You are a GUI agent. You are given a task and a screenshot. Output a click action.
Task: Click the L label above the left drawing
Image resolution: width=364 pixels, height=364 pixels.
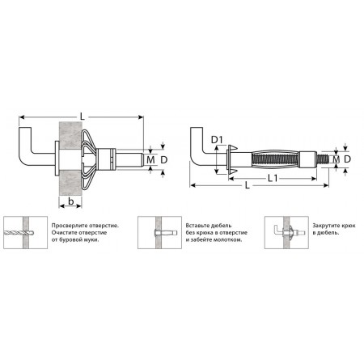(83, 116)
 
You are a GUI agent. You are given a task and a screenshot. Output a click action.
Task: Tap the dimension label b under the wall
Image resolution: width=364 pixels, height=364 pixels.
(70, 201)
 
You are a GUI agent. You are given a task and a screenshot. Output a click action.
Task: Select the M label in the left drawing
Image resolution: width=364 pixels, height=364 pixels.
(150, 160)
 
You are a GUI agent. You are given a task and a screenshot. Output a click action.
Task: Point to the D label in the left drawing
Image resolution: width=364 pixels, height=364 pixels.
(164, 160)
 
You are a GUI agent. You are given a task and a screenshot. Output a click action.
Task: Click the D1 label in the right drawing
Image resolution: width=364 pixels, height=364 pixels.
(217, 140)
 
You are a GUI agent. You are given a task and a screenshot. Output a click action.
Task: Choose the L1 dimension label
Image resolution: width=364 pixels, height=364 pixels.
(273, 178)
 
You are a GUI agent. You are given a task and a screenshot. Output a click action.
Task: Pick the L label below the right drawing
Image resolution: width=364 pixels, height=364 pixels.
(248, 185)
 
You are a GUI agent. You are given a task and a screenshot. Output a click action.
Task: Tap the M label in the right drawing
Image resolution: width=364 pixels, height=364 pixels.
(336, 159)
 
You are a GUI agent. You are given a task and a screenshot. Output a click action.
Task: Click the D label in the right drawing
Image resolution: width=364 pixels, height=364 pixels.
(347, 159)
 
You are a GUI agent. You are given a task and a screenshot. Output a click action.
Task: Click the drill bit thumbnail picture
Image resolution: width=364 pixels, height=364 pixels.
(26, 232)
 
